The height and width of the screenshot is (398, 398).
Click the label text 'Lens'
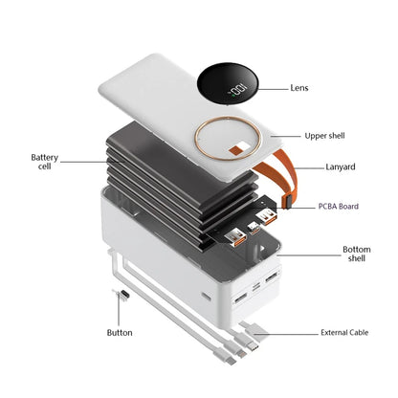[x=299, y=88]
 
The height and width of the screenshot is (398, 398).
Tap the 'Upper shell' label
[x=324, y=136]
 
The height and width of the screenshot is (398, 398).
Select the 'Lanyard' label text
[x=341, y=166]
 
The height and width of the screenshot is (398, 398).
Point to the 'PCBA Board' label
[x=339, y=207]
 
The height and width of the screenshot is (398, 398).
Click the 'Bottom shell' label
[x=357, y=254]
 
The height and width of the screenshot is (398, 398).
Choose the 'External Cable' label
[x=344, y=333]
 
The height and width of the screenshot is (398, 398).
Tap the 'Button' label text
[x=120, y=333]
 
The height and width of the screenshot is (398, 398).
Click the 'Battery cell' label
[x=45, y=162]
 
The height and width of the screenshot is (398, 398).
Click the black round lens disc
[x=227, y=84]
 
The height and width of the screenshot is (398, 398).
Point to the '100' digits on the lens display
[x=239, y=88]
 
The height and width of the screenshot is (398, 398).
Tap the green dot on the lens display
[x=233, y=95]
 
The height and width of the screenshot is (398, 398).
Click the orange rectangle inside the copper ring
[x=236, y=149]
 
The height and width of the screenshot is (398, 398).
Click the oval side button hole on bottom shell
[x=207, y=297]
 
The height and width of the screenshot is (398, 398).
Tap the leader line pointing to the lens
[x=273, y=89]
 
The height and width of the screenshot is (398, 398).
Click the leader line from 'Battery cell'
[x=92, y=162]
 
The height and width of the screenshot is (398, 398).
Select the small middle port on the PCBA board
[x=254, y=227]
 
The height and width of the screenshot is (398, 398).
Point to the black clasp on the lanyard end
[x=287, y=202]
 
